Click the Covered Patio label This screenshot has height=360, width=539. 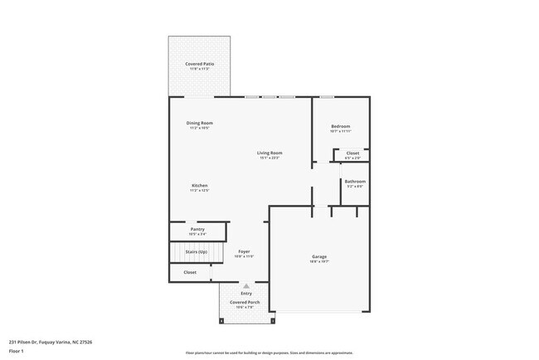(198, 64)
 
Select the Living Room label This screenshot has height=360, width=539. (269, 153)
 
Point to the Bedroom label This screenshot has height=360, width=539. (340, 126)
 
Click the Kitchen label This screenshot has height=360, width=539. (199, 185)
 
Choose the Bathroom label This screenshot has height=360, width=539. (355, 181)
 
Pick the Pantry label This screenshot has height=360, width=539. (197, 229)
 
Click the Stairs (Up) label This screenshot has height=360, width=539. (197, 251)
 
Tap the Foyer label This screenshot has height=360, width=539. (244, 251)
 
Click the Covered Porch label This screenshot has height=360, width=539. (245, 302)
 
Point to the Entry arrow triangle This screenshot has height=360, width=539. (245, 285)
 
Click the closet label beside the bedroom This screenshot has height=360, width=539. (352, 153)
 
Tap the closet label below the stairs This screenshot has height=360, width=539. (190, 272)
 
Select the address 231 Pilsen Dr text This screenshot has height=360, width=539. (50, 341)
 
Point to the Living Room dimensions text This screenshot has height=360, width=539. (269, 158)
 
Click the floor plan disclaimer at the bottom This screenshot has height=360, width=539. (269, 352)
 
